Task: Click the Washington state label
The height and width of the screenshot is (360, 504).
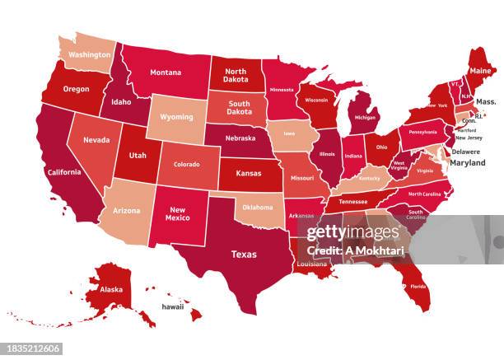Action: [90, 55]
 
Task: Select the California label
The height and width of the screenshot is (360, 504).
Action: [64, 172]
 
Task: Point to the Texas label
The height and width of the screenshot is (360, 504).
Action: [243, 254]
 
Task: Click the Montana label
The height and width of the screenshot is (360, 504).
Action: [166, 72]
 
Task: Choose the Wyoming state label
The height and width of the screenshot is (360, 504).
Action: [175, 118]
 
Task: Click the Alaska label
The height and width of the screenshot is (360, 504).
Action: [110, 289]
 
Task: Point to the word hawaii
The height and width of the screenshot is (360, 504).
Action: [172, 306]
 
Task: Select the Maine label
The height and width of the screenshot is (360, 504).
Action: [481, 71]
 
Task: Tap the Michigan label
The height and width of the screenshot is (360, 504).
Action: [365, 117]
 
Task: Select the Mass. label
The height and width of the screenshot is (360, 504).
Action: [486, 101]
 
